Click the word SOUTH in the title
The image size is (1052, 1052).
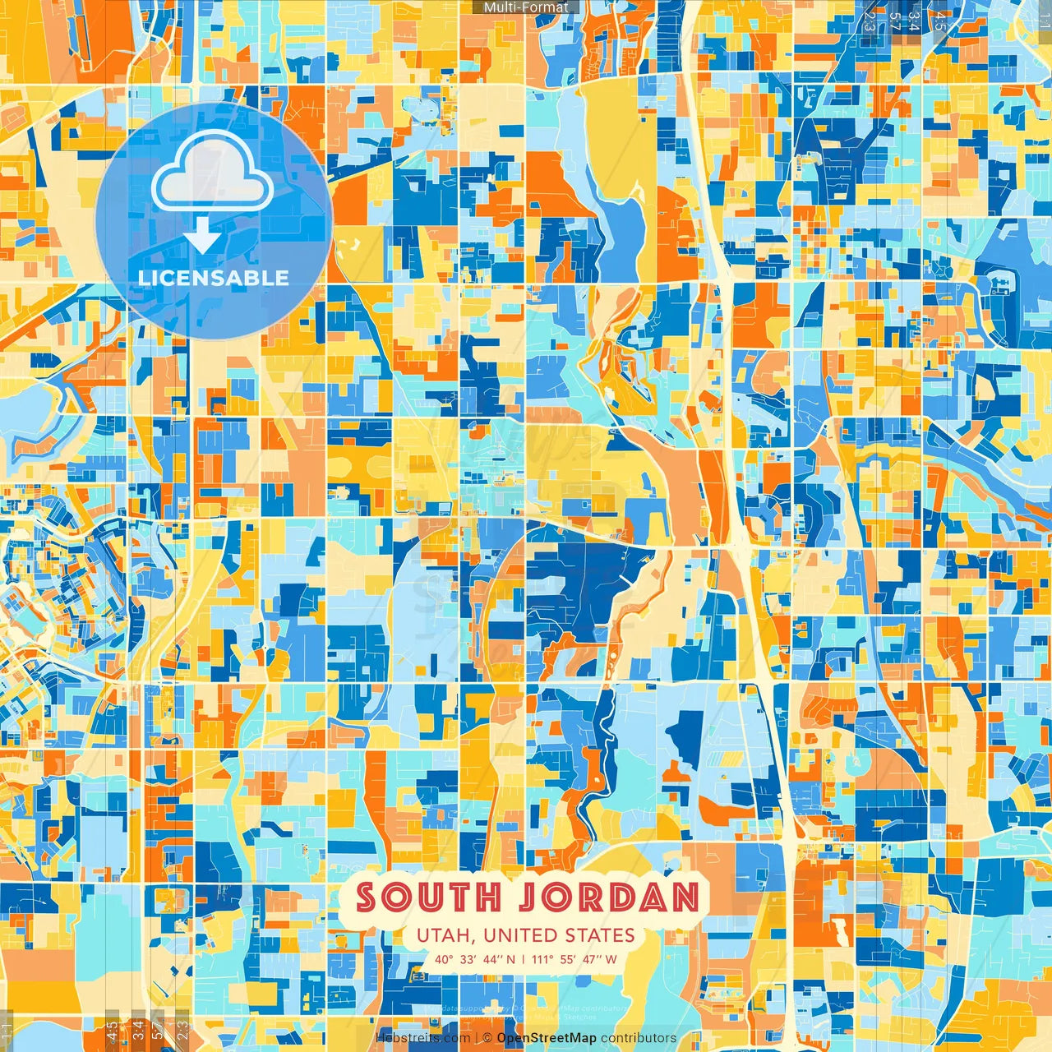tap(428, 897)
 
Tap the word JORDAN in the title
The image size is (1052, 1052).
tap(609, 897)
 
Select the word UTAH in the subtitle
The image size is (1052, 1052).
tap(445, 935)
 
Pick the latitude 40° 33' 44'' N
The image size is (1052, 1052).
tap(476, 959)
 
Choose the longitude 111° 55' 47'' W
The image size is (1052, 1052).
tap(574, 959)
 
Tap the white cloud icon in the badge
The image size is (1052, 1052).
tap(212, 174)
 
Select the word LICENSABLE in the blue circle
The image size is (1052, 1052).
tap(214, 278)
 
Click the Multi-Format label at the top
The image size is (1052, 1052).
tap(526, 7)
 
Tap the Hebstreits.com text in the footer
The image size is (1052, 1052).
tap(424, 1038)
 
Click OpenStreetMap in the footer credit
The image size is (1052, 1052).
tap(547, 1038)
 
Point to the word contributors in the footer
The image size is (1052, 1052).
tap(639, 1038)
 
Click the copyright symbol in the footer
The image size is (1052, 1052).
tap(487, 1038)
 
